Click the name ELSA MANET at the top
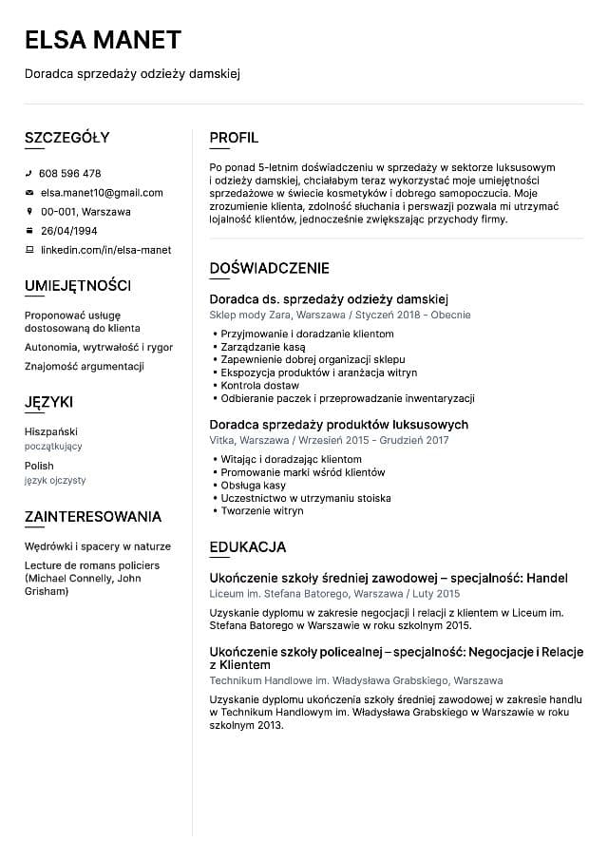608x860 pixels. coord(103,39)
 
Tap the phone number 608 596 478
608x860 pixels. coord(69,174)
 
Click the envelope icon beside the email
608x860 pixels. coord(29,193)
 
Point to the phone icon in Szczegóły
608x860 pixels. coord(29,174)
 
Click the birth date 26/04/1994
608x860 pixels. coord(68,231)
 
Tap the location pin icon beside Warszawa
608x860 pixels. coord(29,212)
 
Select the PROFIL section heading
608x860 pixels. coord(234,138)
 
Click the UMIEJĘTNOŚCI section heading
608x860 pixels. coord(78,286)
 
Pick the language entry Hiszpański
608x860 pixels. coord(51,431)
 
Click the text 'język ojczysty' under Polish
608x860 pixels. coord(55,481)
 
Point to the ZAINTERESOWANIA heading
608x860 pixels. coord(93,517)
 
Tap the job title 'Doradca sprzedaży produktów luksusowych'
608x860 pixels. coord(338,425)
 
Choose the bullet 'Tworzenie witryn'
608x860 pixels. coord(262,511)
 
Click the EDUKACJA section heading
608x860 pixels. coord(247,547)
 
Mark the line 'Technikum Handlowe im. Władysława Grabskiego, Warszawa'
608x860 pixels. coord(356,681)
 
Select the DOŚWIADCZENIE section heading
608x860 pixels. coord(269,269)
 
